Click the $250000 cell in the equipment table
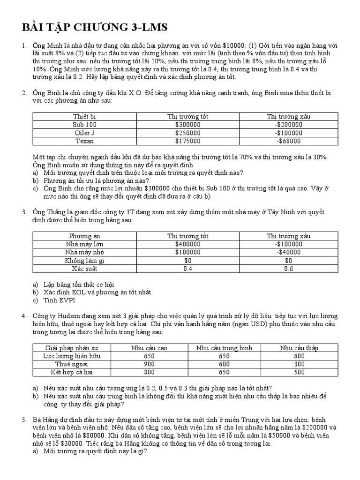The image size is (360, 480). pyautogui.click(x=187, y=133)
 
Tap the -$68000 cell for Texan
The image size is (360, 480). pyautogui.click(x=288, y=141)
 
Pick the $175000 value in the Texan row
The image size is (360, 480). pyautogui.click(x=187, y=141)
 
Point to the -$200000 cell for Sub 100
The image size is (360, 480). pyautogui.click(x=288, y=125)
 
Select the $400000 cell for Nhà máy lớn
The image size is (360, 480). pyautogui.click(x=187, y=244)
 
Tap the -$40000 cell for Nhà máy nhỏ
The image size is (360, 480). pyautogui.click(x=288, y=252)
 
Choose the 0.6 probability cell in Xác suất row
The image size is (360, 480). pyautogui.click(x=288, y=269)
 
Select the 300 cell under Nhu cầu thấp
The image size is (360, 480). pyautogui.click(x=299, y=364)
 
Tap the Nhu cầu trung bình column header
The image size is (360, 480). pyautogui.click(x=224, y=348)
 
